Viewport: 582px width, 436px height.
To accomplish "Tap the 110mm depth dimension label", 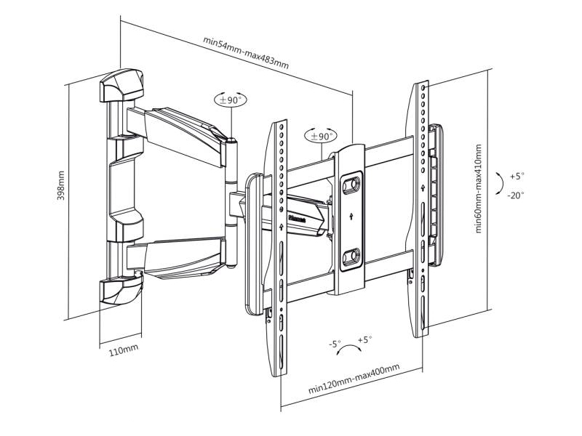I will pyautogui.click(x=123, y=352).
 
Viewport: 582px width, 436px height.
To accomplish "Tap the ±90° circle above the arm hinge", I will pyautogui.click(x=229, y=100).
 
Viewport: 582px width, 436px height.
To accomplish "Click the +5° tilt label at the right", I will pyautogui.click(x=517, y=176).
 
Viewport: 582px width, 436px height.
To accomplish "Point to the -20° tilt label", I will pyautogui.click(x=517, y=195).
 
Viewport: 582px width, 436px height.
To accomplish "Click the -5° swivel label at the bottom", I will pyautogui.click(x=334, y=344).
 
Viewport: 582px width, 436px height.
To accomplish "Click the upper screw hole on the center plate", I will pyautogui.click(x=350, y=185).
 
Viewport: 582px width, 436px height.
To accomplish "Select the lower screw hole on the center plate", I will pyautogui.click(x=350, y=257).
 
